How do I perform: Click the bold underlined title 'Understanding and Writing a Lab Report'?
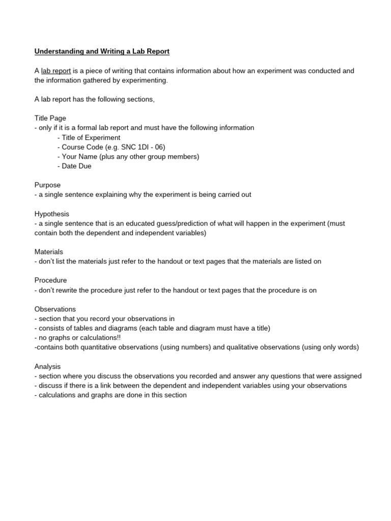click(102, 51)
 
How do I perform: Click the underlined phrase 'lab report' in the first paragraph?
click(56, 71)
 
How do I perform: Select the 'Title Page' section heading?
click(50, 118)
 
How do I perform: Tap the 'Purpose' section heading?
click(47, 185)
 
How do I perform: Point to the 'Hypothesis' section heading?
click(52, 214)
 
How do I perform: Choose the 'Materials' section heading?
click(49, 252)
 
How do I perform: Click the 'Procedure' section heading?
click(50, 280)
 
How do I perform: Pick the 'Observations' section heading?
click(55, 309)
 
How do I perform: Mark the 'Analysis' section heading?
click(47, 366)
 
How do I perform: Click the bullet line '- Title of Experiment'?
click(89, 137)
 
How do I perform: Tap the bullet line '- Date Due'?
click(75, 166)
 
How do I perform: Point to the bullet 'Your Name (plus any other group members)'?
click(130, 157)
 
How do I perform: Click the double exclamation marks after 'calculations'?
click(118, 338)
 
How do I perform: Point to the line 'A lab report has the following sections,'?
click(95, 99)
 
